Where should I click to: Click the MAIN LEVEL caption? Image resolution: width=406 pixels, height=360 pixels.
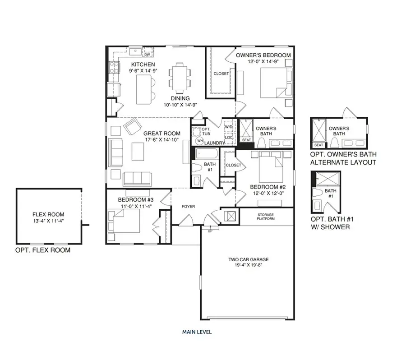click(197, 332)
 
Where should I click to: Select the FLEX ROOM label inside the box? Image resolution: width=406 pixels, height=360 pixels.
click(48, 214)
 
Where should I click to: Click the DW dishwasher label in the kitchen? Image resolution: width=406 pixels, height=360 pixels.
click(147, 54)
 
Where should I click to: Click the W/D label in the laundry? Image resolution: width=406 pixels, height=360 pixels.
click(229, 126)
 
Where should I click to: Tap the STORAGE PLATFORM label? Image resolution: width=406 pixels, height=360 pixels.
click(266, 217)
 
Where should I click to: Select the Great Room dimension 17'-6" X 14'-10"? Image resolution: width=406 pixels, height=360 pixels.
click(162, 140)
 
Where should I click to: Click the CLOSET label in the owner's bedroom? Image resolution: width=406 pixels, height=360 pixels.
click(221, 74)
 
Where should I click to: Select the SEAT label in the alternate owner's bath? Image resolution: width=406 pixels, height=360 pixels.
click(318, 145)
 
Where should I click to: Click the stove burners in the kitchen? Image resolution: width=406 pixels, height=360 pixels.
click(114, 67)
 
